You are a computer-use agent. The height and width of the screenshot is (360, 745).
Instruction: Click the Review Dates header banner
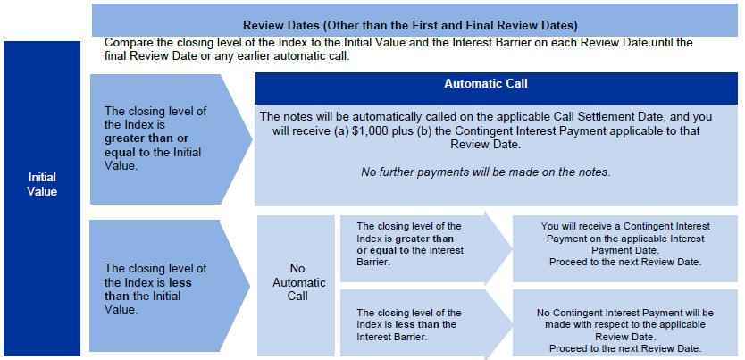(414, 20)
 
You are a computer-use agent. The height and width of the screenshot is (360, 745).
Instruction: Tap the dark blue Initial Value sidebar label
(42, 198)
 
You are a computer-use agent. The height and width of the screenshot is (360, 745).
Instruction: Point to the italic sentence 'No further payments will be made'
(486, 172)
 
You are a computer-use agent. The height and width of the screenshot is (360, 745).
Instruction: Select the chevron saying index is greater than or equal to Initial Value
(171, 139)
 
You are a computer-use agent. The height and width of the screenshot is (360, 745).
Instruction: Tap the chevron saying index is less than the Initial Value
(170, 286)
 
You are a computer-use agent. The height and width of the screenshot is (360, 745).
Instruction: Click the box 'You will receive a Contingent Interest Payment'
(624, 249)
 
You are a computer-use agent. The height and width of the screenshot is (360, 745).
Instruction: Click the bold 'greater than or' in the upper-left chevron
(146, 138)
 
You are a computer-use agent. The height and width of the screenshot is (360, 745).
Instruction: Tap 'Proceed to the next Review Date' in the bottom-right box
(625, 348)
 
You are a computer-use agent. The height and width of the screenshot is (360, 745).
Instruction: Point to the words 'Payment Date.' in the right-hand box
(625, 250)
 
